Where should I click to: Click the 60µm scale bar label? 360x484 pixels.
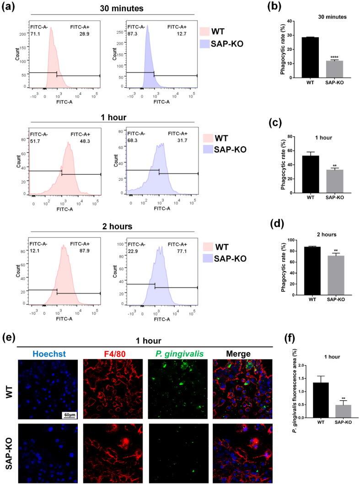(x=70, y=415)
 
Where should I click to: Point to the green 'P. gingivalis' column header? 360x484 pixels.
(x=176, y=354)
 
